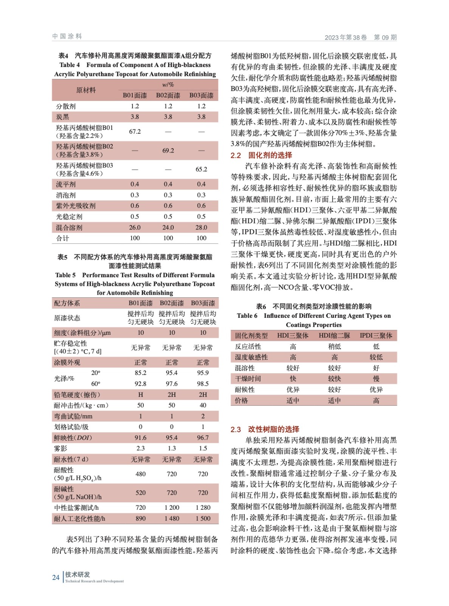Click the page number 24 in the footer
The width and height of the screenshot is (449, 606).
(56, 578)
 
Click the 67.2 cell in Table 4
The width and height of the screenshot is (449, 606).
(135, 131)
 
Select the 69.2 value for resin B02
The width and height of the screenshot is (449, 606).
(168, 150)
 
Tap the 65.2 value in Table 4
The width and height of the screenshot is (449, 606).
(201, 169)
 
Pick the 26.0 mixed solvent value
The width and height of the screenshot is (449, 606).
(135, 228)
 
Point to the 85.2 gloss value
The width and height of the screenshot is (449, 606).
(140, 373)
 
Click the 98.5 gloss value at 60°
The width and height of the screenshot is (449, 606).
(203, 384)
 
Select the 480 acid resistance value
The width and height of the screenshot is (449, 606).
(140, 474)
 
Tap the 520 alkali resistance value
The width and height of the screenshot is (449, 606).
(140, 493)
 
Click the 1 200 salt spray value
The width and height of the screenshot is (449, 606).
(172, 508)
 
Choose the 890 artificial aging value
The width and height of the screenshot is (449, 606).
(140, 519)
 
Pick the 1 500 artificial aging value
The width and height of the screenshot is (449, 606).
(203, 519)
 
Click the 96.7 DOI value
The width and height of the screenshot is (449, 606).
(203, 437)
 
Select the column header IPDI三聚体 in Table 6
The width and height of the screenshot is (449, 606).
(376, 336)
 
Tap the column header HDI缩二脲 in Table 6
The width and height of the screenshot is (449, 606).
(334, 336)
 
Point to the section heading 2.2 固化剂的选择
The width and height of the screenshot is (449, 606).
(261, 155)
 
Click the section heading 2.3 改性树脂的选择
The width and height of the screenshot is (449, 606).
(265, 430)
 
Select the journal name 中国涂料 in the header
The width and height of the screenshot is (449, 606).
(67, 36)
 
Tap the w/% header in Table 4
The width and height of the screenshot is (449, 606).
(168, 85)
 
